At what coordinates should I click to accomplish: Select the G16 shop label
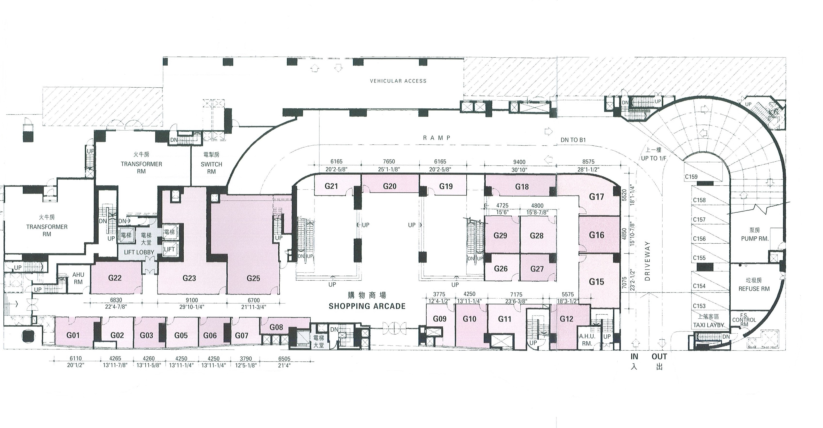(596, 235)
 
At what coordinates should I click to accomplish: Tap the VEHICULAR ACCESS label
(398, 81)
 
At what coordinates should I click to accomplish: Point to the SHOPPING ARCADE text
(367, 306)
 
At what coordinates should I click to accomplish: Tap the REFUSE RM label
(754, 289)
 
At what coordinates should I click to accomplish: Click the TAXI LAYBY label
(708, 325)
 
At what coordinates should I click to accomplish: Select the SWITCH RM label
(212, 168)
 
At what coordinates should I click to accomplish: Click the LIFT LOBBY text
(139, 252)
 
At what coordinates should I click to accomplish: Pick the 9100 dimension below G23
(192, 300)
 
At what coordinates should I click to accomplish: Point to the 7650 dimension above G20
(389, 161)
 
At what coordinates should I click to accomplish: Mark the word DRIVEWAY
(648, 261)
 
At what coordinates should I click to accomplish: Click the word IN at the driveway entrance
(634, 357)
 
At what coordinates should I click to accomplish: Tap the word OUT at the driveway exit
(659, 357)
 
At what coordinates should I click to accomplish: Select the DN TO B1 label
(573, 140)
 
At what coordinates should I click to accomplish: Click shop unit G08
(276, 327)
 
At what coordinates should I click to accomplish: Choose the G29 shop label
(500, 236)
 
